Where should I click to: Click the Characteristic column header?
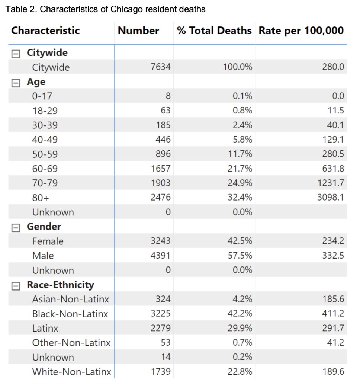[x=45, y=31]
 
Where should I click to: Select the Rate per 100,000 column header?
[x=301, y=31]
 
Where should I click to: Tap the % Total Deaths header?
[x=214, y=31]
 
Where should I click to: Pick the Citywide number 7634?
[x=161, y=67]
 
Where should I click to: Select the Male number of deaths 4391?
[x=161, y=256]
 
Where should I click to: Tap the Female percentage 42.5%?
[x=240, y=241]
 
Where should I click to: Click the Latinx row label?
[x=45, y=328]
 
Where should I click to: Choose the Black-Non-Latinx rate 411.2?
[x=333, y=314]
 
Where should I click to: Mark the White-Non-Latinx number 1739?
[x=161, y=372]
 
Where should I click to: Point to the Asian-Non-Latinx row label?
[x=71, y=299]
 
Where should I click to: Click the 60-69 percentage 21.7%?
[x=240, y=169]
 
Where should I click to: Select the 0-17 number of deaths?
[x=168, y=96]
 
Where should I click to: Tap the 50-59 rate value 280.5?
[x=333, y=154]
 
